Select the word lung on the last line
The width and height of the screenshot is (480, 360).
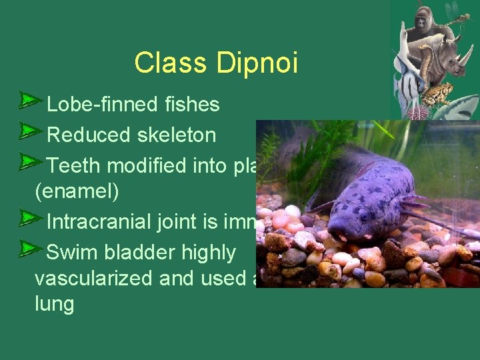[54, 305]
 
